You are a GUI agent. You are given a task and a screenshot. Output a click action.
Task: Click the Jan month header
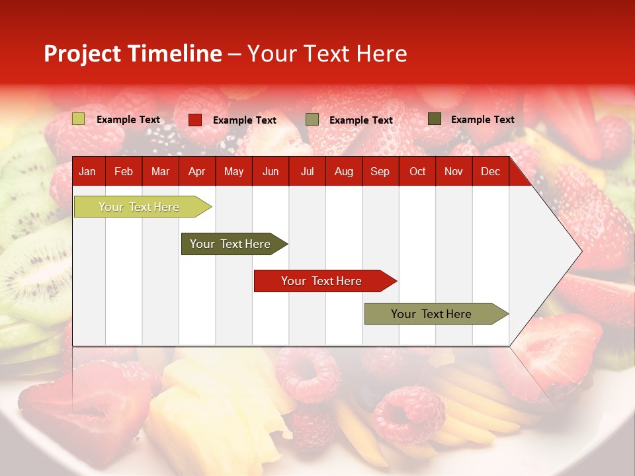(x=87, y=172)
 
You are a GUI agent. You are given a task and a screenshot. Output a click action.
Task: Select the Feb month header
(x=124, y=172)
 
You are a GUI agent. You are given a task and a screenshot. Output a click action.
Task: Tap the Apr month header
(x=196, y=172)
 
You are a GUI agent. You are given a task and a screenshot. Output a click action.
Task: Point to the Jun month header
(x=271, y=172)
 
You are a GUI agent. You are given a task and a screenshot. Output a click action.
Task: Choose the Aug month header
(x=344, y=172)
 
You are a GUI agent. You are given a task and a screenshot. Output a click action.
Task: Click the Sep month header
(x=380, y=172)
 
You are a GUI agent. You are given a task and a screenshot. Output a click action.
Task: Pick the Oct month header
(x=417, y=172)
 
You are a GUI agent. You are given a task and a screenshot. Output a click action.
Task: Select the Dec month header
(x=490, y=172)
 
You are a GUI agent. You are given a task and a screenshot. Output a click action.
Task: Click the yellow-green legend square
(x=79, y=119)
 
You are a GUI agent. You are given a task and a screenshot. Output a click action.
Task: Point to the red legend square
(x=195, y=120)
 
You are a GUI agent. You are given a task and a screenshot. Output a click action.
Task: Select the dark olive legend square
(x=435, y=119)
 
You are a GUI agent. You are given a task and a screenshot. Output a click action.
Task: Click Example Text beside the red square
(x=245, y=120)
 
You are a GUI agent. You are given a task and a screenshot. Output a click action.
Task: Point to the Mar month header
(x=160, y=172)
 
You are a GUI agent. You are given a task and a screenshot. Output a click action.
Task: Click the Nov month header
(x=454, y=172)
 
